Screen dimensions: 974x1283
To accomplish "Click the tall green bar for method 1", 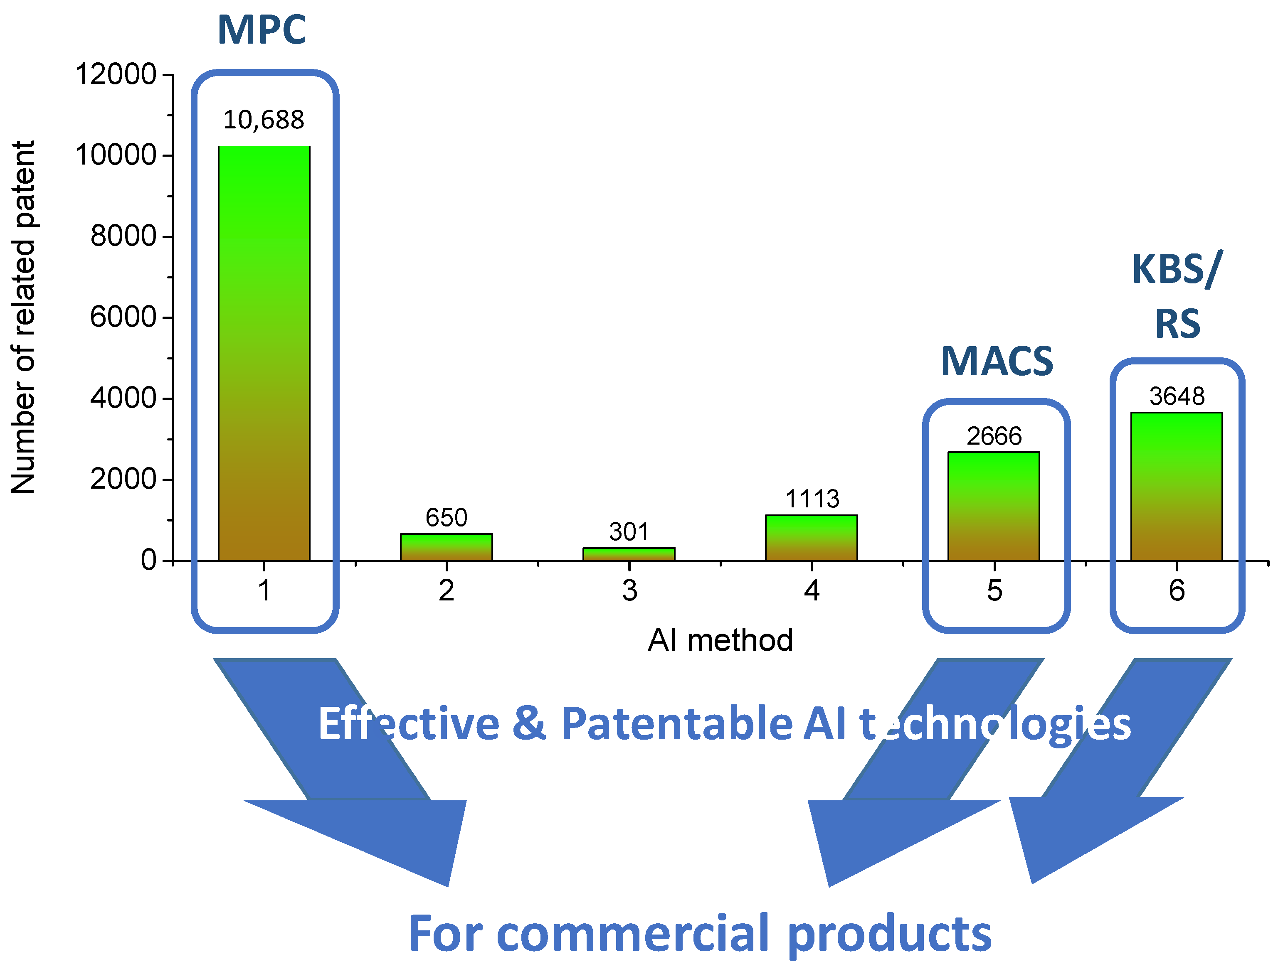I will [x=264, y=354].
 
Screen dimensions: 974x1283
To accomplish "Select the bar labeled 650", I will [x=446, y=547].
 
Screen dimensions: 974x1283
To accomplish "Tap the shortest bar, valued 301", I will [x=629, y=554].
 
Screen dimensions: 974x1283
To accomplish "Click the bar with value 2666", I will [x=994, y=506].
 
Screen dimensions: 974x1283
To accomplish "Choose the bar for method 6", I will [x=1176, y=487].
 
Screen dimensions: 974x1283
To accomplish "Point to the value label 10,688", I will [x=264, y=120].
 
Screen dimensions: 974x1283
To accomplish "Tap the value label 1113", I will [x=812, y=499].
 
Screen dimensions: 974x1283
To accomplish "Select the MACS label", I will [x=997, y=361].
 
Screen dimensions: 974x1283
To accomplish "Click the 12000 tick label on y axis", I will [x=116, y=75].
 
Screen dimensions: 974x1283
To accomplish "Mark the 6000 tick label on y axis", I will [x=123, y=318].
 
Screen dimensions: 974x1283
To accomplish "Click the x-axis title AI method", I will [x=720, y=640].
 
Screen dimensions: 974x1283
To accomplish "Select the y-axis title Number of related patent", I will [x=23, y=317].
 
